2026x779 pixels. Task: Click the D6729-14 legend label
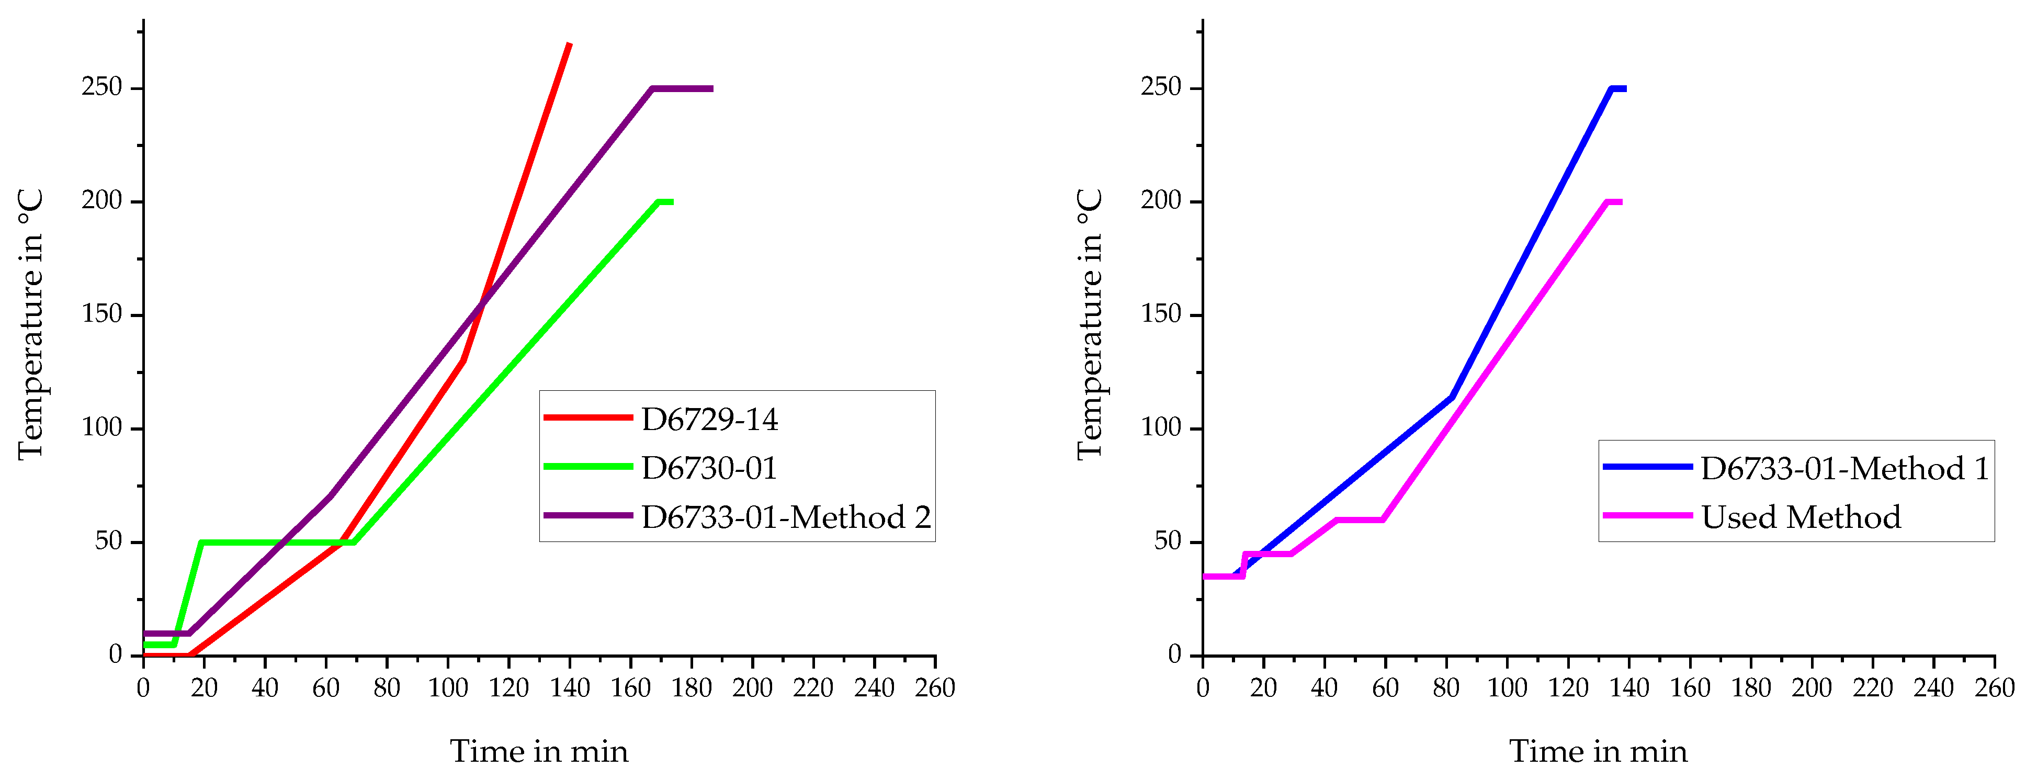(709, 420)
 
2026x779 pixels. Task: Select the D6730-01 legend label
(709, 468)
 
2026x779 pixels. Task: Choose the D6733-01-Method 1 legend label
(1844, 468)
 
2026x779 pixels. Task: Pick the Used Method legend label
(1801, 517)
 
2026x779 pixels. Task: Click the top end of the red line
(569, 45)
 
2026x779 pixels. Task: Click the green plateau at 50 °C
(275, 542)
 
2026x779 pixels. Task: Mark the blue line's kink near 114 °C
(1452, 397)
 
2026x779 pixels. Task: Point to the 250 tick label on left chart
(102, 87)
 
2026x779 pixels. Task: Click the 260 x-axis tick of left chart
(934, 688)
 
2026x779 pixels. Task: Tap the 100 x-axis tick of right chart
(1507, 688)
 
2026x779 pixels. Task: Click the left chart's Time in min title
(539, 751)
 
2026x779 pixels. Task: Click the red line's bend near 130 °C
(463, 360)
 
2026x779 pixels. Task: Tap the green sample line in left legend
(588, 467)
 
